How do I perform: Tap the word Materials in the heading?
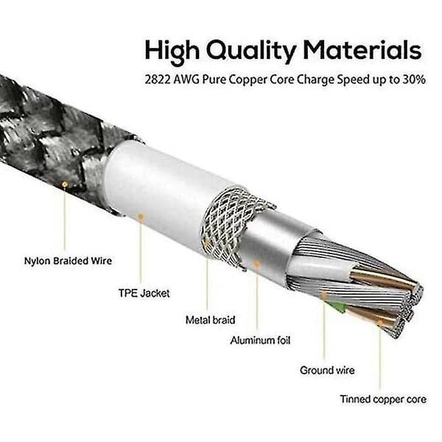(x=362, y=49)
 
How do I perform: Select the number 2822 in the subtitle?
(x=158, y=80)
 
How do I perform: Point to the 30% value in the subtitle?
(x=414, y=80)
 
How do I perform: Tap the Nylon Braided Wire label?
(x=68, y=261)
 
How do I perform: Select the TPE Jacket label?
(x=144, y=293)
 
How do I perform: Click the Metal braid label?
(x=210, y=320)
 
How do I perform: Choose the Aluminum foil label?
(x=260, y=340)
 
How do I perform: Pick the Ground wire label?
(x=327, y=370)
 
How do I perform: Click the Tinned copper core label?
(x=383, y=399)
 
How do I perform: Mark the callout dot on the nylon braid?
(x=65, y=184)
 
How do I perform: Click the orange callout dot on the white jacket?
(x=141, y=217)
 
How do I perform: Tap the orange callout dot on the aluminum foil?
(x=257, y=264)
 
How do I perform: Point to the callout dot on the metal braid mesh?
(x=207, y=242)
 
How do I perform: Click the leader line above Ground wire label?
(x=324, y=329)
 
